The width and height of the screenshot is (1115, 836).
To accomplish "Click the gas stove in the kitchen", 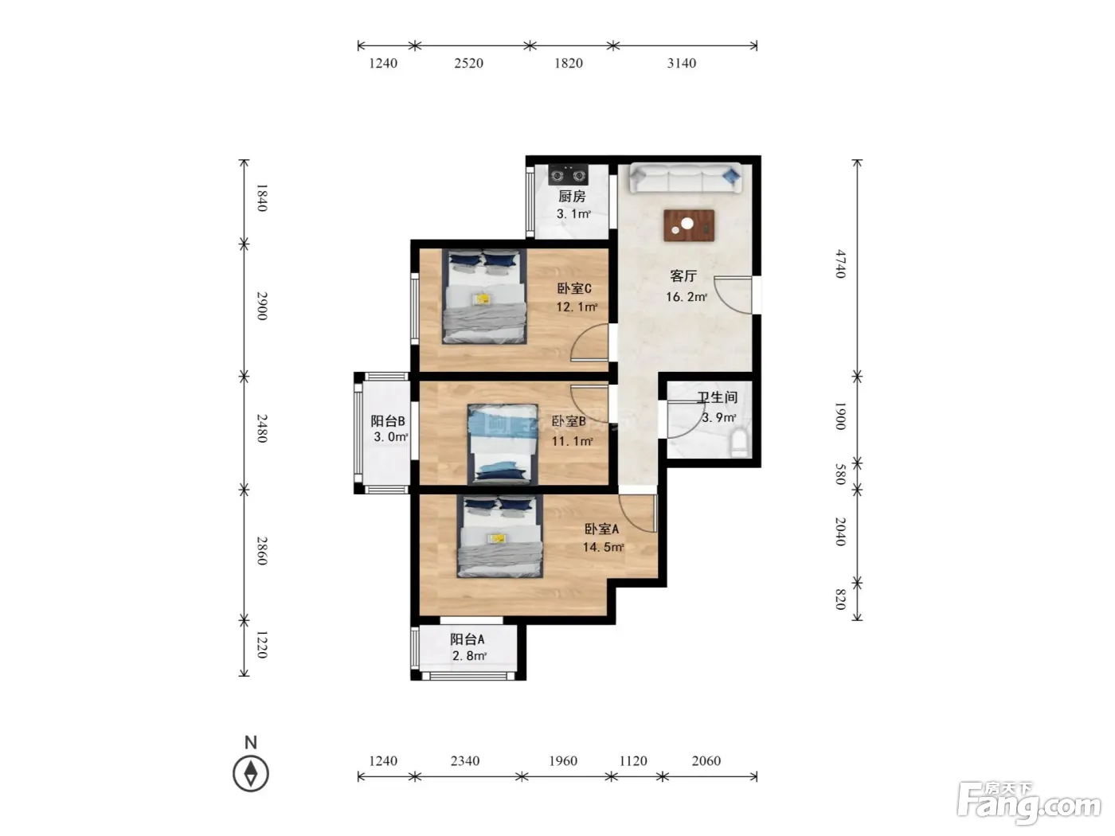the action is (569, 174).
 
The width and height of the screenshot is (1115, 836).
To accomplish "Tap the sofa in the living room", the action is (685, 178).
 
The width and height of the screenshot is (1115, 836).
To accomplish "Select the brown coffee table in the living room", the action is (689, 225).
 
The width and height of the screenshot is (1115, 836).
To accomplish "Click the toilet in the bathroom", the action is (740, 443).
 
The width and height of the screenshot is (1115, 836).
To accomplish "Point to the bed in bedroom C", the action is (484, 296).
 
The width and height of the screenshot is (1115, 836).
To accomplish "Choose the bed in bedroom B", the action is (503, 443).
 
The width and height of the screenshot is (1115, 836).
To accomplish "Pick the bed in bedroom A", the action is (500, 537).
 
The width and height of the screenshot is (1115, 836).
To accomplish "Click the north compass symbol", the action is (250, 774).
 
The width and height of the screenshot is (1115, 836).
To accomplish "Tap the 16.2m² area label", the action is (687, 297).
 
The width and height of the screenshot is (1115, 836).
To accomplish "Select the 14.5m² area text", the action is (603, 547).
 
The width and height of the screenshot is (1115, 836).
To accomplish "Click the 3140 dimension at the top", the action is (681, 63).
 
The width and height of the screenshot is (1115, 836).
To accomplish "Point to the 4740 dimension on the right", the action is (841, 264).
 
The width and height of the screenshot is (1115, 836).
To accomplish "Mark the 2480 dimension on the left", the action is (261, 428).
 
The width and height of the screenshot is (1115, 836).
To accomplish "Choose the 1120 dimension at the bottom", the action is (633, 761).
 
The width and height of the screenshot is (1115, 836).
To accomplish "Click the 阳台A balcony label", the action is (468, 639).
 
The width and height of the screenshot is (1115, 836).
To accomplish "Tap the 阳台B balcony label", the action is (388, 421).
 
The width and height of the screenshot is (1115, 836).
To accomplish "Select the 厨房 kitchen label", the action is (572, 197).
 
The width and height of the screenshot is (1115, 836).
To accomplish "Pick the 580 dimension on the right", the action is (841, 474).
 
